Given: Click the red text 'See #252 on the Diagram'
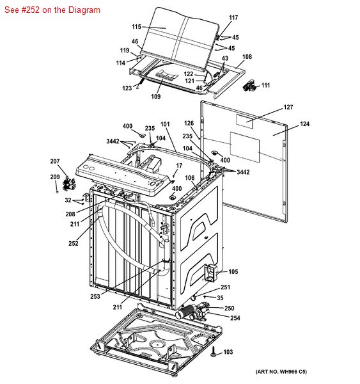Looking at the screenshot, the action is tap(52, 10).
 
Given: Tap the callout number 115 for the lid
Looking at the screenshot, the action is tap(137, 26).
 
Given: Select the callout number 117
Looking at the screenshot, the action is tap(233, 18).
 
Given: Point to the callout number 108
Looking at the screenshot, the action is tap(247, 57).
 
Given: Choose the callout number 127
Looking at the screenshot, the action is tap(288, 108).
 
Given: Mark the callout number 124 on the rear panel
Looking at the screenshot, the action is tap(305, 124).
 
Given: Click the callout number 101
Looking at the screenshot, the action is tap(165, 124).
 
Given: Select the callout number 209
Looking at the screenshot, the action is tap(55, 177).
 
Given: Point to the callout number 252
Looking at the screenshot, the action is tap(74, 243).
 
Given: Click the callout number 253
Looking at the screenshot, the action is tap(95, 296).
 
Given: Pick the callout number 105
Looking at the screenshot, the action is tap(233, 271).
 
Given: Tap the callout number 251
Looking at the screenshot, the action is tap(225, 287).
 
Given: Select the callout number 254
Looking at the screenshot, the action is tap(235, 318).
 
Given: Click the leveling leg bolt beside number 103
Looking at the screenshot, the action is tap(214, 351).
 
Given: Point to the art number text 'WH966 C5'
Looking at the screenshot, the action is tap(293, 372).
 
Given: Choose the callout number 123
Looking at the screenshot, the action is tap(127, 88).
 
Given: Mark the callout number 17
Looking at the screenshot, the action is tap(179, 166).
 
